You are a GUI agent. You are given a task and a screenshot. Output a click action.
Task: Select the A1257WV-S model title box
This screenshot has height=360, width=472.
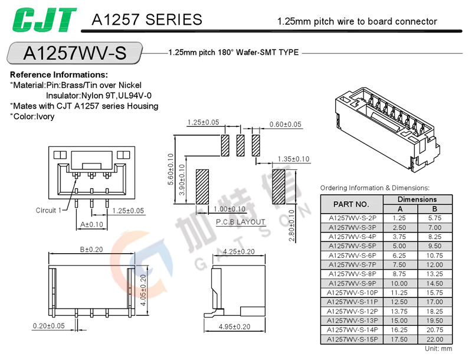tap(74, 53)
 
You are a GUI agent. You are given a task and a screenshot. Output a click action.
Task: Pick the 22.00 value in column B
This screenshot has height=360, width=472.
tap(434, 340)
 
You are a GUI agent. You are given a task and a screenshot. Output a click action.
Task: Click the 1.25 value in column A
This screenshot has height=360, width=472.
tap(400, 218)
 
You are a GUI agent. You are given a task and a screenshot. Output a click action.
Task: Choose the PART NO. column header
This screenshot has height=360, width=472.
tap(352, 204)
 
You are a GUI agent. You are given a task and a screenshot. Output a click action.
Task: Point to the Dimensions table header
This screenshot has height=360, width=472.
tap(417, 199)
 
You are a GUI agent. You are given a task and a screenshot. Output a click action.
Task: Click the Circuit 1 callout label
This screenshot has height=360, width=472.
tap(48, 211)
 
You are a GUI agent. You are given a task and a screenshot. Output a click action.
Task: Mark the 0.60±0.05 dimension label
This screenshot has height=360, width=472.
tap(285, 125)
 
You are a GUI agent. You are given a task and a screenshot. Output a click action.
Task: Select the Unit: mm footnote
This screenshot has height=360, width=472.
tap(438, 349)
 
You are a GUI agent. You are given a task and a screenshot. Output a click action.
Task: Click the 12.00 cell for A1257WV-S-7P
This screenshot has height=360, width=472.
tap(434, 265)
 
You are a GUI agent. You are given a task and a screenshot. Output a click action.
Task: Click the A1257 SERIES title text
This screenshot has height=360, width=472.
tap(147, 20)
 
